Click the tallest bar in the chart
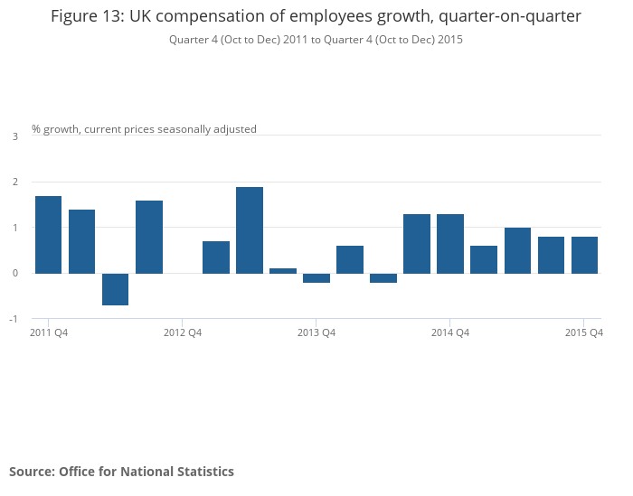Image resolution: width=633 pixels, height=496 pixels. pos(250,229)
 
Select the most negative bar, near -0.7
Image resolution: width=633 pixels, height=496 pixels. pos(115,289)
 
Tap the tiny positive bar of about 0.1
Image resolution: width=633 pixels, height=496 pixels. pos(283,270)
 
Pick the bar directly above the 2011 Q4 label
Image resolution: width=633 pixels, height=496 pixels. pos(48,234)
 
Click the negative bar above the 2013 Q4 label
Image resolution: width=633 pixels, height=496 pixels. pos(316,277)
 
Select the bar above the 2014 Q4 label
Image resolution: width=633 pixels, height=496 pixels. pos(450,243)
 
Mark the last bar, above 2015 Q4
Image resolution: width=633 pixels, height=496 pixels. pos(584,255)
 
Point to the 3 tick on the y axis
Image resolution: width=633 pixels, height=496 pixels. pos(14,136)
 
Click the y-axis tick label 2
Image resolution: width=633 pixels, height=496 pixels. pos(14,182)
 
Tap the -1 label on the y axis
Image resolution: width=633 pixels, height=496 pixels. pos(14,319)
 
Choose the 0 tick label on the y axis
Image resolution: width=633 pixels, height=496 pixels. pos(14,273)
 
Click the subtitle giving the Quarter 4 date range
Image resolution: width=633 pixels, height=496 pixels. pos(316,40)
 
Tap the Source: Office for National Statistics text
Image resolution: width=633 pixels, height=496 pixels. pos(121,472)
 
